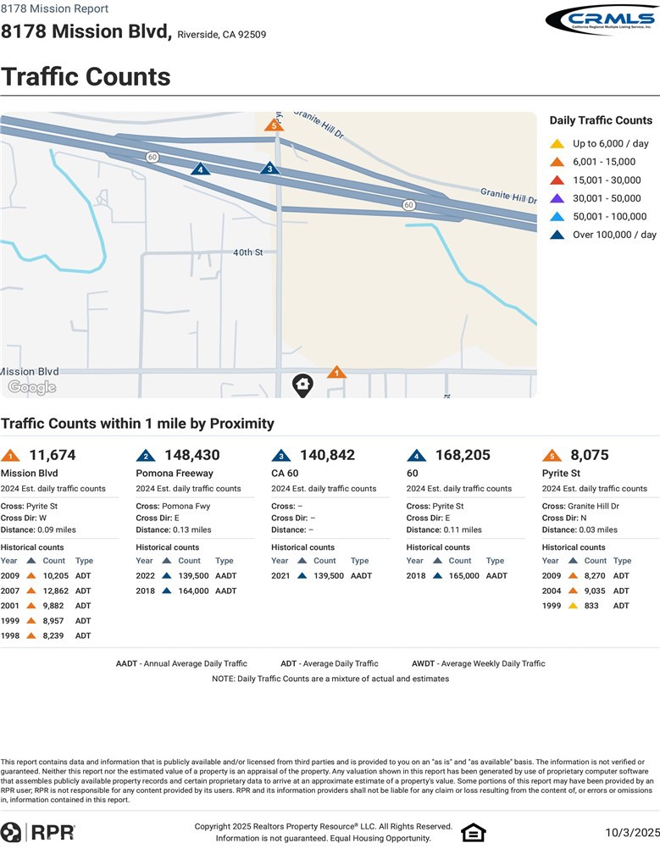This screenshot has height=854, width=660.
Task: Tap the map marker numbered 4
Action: tap(200, 169)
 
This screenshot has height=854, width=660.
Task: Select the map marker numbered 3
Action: tap(269, 168)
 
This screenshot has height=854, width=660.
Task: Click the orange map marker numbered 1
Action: tap(336, 372)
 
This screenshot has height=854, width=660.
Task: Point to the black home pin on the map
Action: tap(302, 385)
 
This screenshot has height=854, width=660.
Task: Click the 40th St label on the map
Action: tap(248, 252)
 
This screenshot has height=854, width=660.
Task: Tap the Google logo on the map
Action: tap(32, 387)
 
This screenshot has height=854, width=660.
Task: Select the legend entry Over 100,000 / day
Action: tap(614, 235)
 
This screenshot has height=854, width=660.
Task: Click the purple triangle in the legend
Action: tap(557, 198)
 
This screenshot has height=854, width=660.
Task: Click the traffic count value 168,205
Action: tap(463, 455)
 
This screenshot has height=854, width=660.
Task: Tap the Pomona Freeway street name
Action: tap(175, 473)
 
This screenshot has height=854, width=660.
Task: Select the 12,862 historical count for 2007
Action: tap(55, 591)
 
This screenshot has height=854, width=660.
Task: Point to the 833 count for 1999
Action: tap(593, 606)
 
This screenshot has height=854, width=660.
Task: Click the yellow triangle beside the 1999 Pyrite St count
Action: tap(573, 606)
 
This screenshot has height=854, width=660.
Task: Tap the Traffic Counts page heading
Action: tap(86, 76)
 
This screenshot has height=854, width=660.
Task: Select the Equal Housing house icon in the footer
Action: tap(473, 833)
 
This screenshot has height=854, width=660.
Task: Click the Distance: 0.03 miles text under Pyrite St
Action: tap(580, 530)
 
